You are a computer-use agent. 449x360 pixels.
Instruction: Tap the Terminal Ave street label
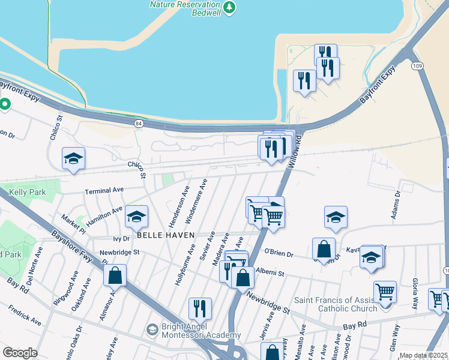point(104,190)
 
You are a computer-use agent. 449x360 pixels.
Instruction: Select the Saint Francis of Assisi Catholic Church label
point(336,304)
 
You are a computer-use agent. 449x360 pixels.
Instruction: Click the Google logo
point(20,353)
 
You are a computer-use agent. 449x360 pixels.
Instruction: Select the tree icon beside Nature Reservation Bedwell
point(229,7)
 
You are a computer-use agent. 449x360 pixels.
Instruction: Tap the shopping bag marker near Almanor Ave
point(115,275)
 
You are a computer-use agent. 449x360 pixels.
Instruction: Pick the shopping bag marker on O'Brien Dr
point(324,249)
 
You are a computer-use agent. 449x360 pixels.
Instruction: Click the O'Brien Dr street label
point(278,254)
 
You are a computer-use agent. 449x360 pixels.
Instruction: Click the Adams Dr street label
point(396,205)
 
